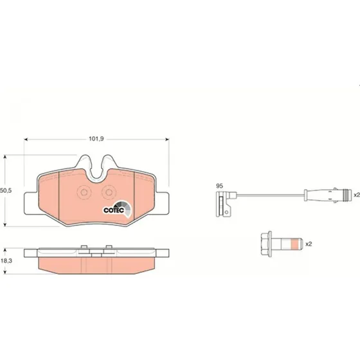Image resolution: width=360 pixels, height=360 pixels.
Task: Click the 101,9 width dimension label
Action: (x=96, y=139)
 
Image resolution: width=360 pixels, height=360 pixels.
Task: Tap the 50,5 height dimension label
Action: (x=6, y=190)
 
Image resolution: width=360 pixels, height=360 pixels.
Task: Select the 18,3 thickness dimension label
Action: (x=6, y=261)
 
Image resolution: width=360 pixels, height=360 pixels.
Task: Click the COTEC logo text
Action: (x=114, y=210)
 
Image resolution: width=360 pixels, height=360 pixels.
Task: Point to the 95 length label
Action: (x=219, y=186)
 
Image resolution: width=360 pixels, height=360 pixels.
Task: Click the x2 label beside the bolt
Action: (x=309, y=244)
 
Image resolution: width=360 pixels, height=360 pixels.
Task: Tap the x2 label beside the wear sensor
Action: (x=357, y=195)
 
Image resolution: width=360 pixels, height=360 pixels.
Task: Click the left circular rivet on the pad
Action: (x=84, y=192)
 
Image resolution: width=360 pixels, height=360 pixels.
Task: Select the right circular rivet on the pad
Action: (x=109, y=192)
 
